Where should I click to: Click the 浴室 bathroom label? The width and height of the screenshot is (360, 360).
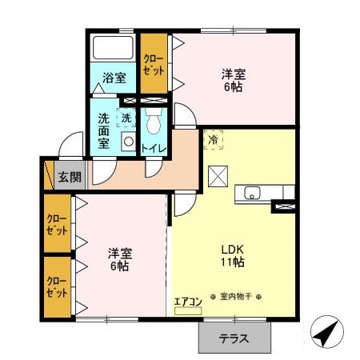coord(114,78)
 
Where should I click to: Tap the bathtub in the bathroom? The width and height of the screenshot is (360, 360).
coord(114,48)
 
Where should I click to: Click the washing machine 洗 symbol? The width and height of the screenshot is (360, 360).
coord(126,118)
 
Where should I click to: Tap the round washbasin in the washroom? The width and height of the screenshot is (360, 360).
coord(127,141)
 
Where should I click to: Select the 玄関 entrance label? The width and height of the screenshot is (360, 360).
coord(70,177)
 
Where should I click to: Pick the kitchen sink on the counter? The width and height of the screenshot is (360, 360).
coord(252,193)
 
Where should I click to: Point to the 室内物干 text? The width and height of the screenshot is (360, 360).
coord(236,297)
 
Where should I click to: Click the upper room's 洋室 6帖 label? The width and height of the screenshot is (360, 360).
coord(234,81)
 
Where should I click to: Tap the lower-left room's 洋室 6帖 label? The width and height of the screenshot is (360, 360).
coord(119,259)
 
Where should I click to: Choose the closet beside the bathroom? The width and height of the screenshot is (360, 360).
coord(154,64)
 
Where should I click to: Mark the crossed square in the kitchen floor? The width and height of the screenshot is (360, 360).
coord(217,175)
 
